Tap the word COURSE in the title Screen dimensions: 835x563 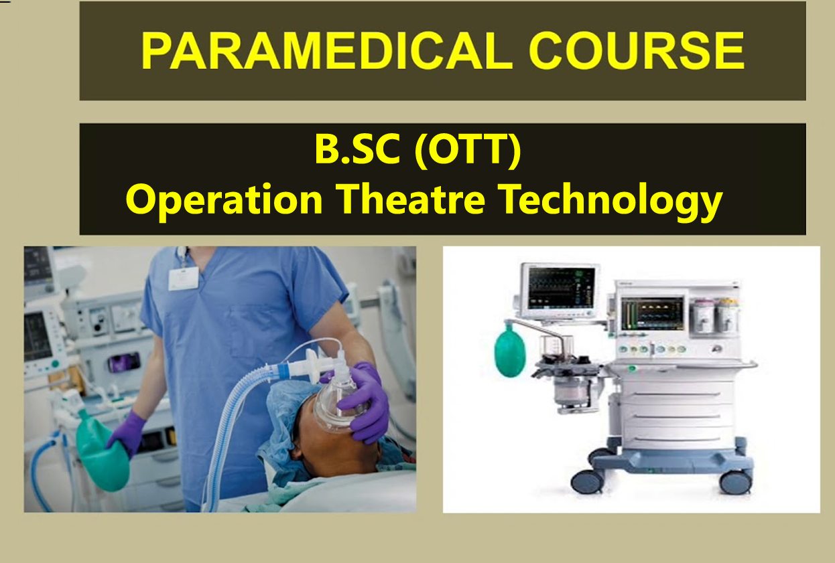[637, 51]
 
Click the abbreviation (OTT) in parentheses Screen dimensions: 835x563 [468, 150]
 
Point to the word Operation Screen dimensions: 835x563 [224, 200]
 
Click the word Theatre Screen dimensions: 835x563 [410, 199]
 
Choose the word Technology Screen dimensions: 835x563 [611, 201]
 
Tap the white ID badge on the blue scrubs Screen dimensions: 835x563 [183, 278]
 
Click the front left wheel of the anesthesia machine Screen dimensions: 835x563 [587, 481]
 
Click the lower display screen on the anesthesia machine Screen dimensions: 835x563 [652, 313]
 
